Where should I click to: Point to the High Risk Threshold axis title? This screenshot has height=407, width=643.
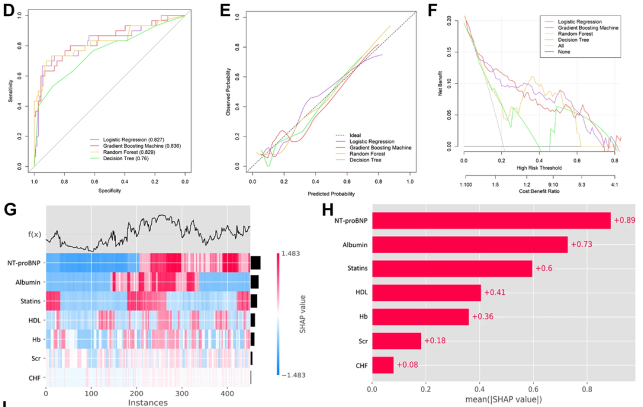[x=539, y=167]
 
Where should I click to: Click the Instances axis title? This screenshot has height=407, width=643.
[x=148, y=403]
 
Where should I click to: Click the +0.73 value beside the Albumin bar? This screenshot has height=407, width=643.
[x=581, y=244]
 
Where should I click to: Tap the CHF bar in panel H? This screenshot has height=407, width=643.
[x=383, y=365]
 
